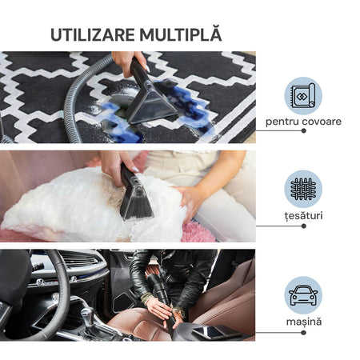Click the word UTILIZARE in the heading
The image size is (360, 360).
[93, 34]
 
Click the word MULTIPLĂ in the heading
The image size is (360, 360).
[181, 34]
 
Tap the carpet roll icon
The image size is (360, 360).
[303, 96]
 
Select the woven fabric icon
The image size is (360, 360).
[303, 189]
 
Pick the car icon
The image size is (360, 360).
[303, 295]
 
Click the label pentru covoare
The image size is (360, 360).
[303, 122]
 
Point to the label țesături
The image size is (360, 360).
[303, 215]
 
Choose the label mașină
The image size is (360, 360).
[304, 322]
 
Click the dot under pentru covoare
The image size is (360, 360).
[303, 130]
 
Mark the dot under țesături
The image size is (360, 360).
[303, 226]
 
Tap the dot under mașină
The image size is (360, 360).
[303, 333]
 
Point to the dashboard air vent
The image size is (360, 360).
[79, 259]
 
